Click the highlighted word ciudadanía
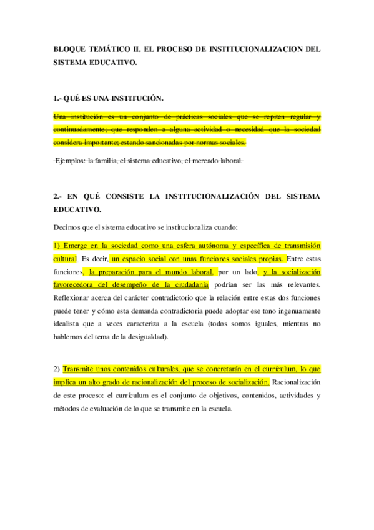[187, 285]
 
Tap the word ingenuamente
[293, 311]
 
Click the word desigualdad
[144, 337]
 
